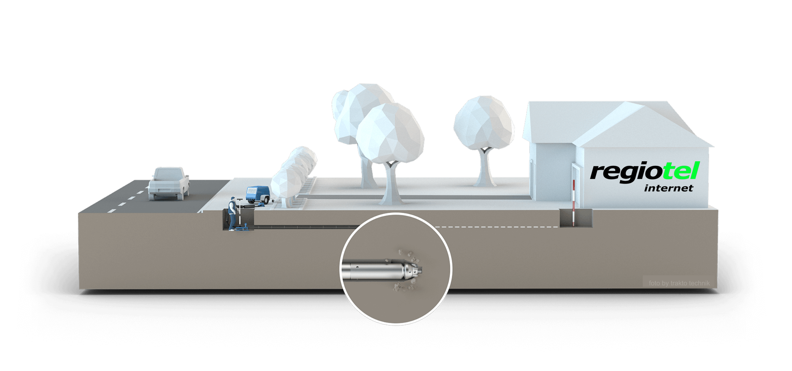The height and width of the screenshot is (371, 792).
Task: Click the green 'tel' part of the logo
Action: (681, 171)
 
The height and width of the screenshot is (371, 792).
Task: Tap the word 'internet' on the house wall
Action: (668, 188)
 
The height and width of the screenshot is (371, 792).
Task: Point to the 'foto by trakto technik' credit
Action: (679, 283)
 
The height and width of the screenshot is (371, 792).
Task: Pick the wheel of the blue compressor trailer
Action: (268, 201)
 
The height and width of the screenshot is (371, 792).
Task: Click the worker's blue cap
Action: (233, 198)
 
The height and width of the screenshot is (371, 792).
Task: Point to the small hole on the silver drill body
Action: (357, 267)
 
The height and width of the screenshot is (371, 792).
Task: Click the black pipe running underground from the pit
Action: (304, 226)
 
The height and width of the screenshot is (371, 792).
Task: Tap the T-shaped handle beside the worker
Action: (240, 209)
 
